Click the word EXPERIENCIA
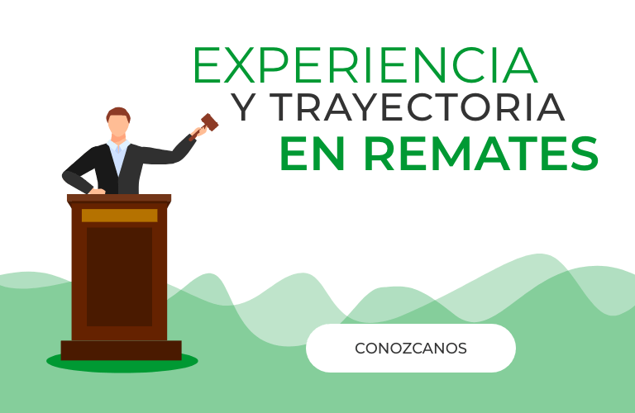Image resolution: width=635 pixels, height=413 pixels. click(x=366, y=65)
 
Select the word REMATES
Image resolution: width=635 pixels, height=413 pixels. click(x=481, y=154)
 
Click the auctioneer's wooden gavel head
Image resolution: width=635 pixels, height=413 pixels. click(x=209, y=122)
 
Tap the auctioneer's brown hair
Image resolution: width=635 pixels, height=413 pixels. click(x=118, y=114)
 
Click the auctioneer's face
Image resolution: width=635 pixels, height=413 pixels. click(x=118, y=126)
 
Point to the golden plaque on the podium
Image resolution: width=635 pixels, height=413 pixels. click(x=119, y=216)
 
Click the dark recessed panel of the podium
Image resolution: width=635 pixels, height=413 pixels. click(x=119, y=277)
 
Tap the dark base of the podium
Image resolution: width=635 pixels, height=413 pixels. click(x=121, y=350)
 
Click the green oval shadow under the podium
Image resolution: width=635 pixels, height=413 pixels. click(x=122, y=365)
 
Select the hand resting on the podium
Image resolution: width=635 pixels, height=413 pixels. click(x=97, y=191)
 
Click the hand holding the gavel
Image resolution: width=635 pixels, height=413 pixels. click(x=198, y=131)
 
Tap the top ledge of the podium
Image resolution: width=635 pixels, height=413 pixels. click(x=119, y=198)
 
